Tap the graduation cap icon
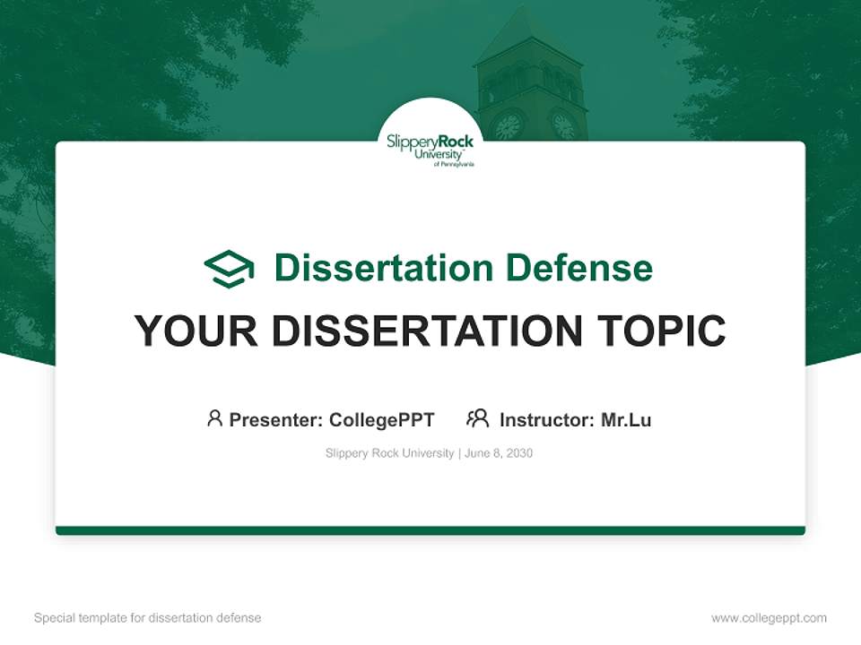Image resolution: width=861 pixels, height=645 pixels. point(229,268)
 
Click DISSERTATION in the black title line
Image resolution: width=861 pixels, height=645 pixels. point(426,331)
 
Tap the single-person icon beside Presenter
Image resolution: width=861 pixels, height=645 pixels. point(214,418)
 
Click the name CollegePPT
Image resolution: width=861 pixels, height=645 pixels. point(382,419)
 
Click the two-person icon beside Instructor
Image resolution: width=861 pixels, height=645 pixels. point(478,418)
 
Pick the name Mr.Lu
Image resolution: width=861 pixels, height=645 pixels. point(626,419)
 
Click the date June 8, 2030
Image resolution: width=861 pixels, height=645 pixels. point(499,453)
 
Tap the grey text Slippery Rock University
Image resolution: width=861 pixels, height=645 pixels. point(389,453)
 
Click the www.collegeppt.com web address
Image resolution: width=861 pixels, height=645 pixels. point(769,618)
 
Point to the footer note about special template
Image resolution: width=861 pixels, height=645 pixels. point(148,618)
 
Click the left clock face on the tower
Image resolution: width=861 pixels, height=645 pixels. point(509,125)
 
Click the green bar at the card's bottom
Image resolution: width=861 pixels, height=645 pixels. point(430,530)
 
